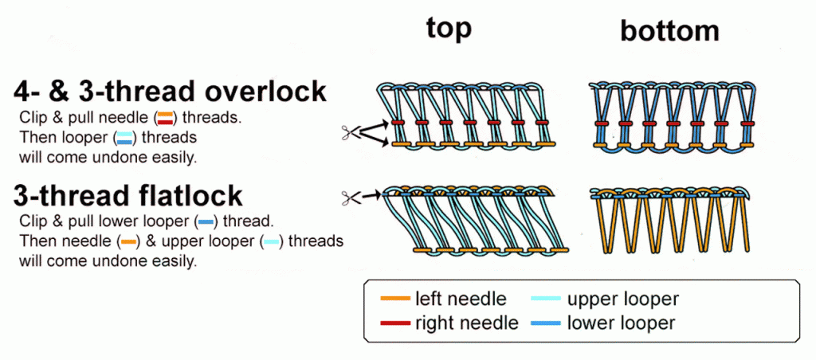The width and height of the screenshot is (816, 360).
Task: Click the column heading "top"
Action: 449,28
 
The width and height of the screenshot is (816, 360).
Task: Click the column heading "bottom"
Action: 669,31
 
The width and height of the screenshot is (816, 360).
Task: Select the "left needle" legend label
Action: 460,299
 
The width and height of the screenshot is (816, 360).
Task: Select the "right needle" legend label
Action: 466,323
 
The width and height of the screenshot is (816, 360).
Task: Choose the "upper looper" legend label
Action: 622,299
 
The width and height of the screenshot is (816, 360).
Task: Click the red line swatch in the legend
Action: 394,323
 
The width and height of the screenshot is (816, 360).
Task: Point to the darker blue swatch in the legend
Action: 546,323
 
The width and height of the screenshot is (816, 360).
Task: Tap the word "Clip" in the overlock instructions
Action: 34,119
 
